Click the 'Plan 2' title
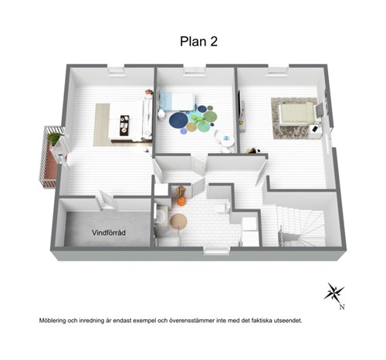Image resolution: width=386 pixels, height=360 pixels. coord(198,42)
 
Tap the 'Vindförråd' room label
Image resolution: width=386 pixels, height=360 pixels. coord(109,233)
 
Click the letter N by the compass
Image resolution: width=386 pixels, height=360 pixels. coord(342,307)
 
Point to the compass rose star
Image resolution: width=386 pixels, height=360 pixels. coord(334,293)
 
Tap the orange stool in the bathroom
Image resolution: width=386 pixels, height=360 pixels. coord(181,202)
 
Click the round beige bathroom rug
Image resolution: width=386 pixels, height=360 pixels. coord(178,221)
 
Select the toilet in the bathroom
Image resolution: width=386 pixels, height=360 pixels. coord(222,208)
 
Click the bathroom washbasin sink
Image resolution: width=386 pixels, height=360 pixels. coord(162,216)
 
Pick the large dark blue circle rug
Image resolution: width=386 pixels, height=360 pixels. coord(178,120)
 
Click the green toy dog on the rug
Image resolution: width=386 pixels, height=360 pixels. coord(199,119)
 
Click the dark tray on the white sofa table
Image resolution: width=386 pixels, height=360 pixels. coord(124,125)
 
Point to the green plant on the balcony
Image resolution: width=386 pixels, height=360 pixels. coord(54,138)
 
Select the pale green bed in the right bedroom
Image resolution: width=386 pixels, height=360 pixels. coord(297,114)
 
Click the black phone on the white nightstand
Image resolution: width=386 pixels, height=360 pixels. coord(315,128)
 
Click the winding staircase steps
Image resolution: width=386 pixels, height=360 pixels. coord(301,226)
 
